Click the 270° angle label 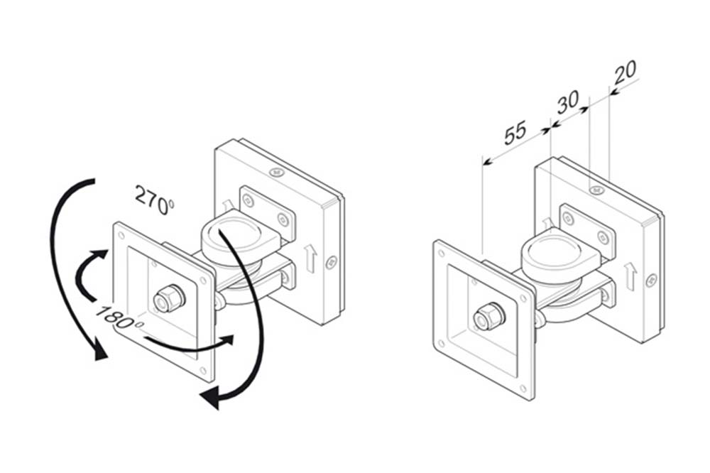tap(154, 200)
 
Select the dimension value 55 tap(515, 132)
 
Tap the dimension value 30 tap(568, 102)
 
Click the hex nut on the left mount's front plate tap(168, 298)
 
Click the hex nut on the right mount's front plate tap(488, 316)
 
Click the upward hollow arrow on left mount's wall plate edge tap(310, 259)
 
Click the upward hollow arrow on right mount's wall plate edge tap(630, 276)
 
